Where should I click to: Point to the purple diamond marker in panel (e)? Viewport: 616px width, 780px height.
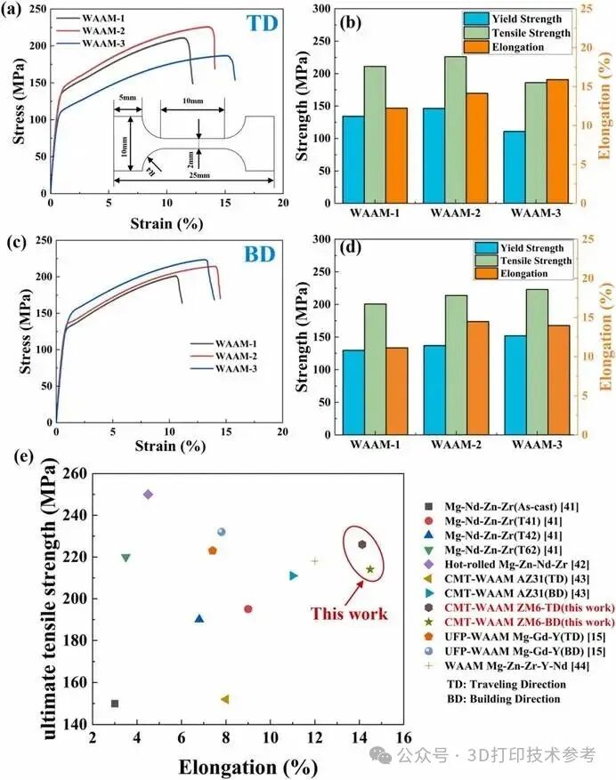point(148,495)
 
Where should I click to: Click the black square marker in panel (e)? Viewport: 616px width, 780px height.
point(115,704)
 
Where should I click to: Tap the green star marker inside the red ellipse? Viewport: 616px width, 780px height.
point(370,569)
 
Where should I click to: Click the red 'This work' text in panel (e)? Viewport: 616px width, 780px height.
point(349,614)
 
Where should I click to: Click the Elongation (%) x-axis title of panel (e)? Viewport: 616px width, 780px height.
point(247,766)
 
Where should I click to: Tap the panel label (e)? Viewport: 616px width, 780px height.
point(27,456)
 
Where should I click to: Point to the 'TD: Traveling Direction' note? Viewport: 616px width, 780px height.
point(506,684)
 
